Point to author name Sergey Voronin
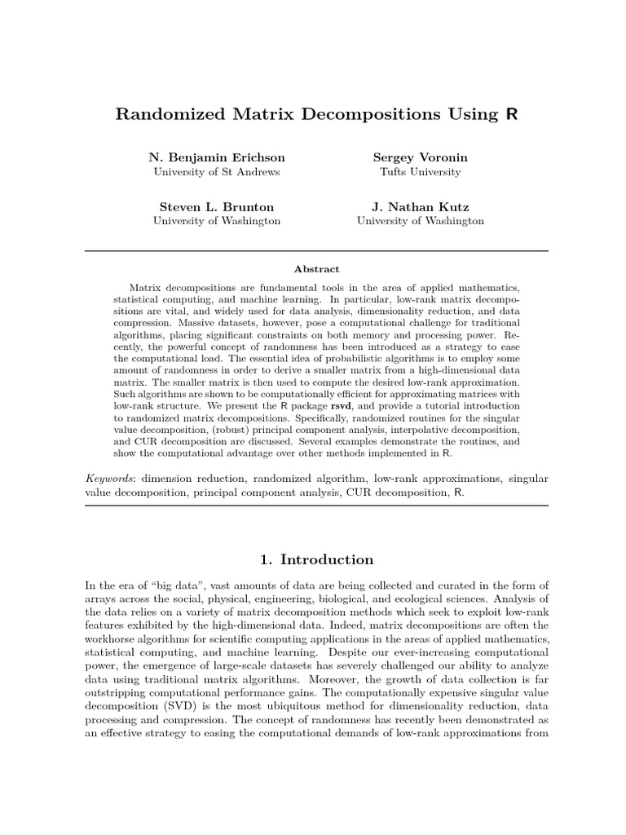[420, 157]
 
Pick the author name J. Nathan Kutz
[420, 206]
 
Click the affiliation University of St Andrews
[217, 172]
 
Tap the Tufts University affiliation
[420, 172]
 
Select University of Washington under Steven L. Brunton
[217, 221]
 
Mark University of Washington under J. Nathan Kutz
[420, 221]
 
